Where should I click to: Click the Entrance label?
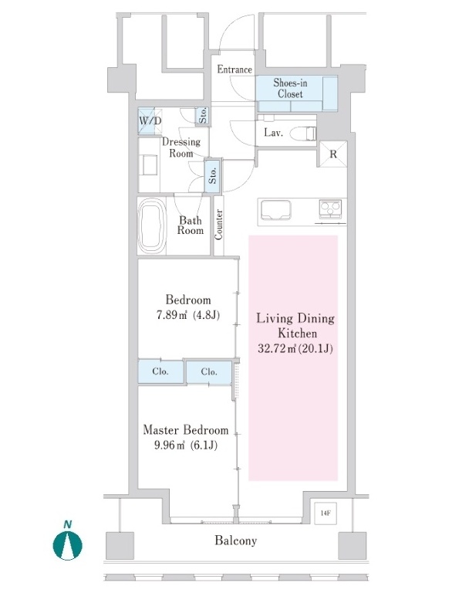tap(235, 69)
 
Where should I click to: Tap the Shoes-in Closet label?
tap(290, 88)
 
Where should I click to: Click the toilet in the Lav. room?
tap(303, 134)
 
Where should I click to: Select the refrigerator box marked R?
tap(332, 154)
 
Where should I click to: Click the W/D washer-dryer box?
tap(150, 121)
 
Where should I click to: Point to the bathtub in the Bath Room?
tap(152, 226)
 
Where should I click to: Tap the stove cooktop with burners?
tap(330, 208)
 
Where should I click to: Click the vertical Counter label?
tap(219, 225)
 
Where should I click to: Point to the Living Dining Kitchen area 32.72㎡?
tap(278, 348)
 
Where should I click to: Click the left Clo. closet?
tap(160, 371)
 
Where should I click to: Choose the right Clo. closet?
tap(209, 372)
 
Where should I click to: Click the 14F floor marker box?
tap(326, 513)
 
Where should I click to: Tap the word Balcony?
tap(236, 540)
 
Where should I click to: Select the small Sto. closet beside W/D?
tap(203, 115)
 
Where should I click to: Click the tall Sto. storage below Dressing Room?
tap(213, 175)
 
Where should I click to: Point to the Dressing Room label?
tap(181, 147)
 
